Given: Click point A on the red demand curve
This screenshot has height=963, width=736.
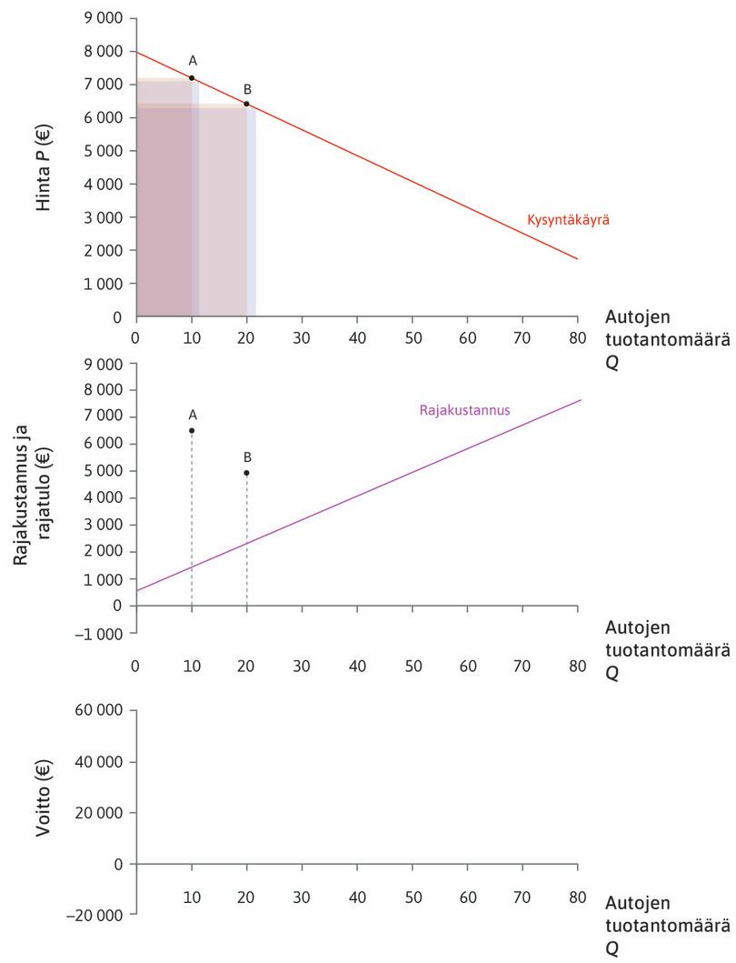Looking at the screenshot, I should (x=192, y=78).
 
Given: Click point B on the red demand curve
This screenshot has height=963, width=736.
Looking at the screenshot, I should (x=246, y=104).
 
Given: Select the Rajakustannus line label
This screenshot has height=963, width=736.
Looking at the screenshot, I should (x=464, y=410).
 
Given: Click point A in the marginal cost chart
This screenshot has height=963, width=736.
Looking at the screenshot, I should (x=192, y=430).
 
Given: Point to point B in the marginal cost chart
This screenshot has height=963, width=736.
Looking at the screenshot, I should (x=246, y=473).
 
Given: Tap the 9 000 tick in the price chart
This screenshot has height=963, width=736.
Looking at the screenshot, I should (x=103, y=18).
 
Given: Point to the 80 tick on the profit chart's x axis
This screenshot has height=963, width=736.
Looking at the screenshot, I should (x=577, y=897).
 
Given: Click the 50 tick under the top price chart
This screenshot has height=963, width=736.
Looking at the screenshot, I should (x=412, y=335).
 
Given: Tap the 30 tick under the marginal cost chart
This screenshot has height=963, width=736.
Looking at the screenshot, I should (x=302, y=666).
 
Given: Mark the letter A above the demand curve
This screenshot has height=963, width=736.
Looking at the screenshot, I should (x=193, y=60).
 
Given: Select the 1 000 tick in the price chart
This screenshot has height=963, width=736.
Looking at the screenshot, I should (x=103, y=284).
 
